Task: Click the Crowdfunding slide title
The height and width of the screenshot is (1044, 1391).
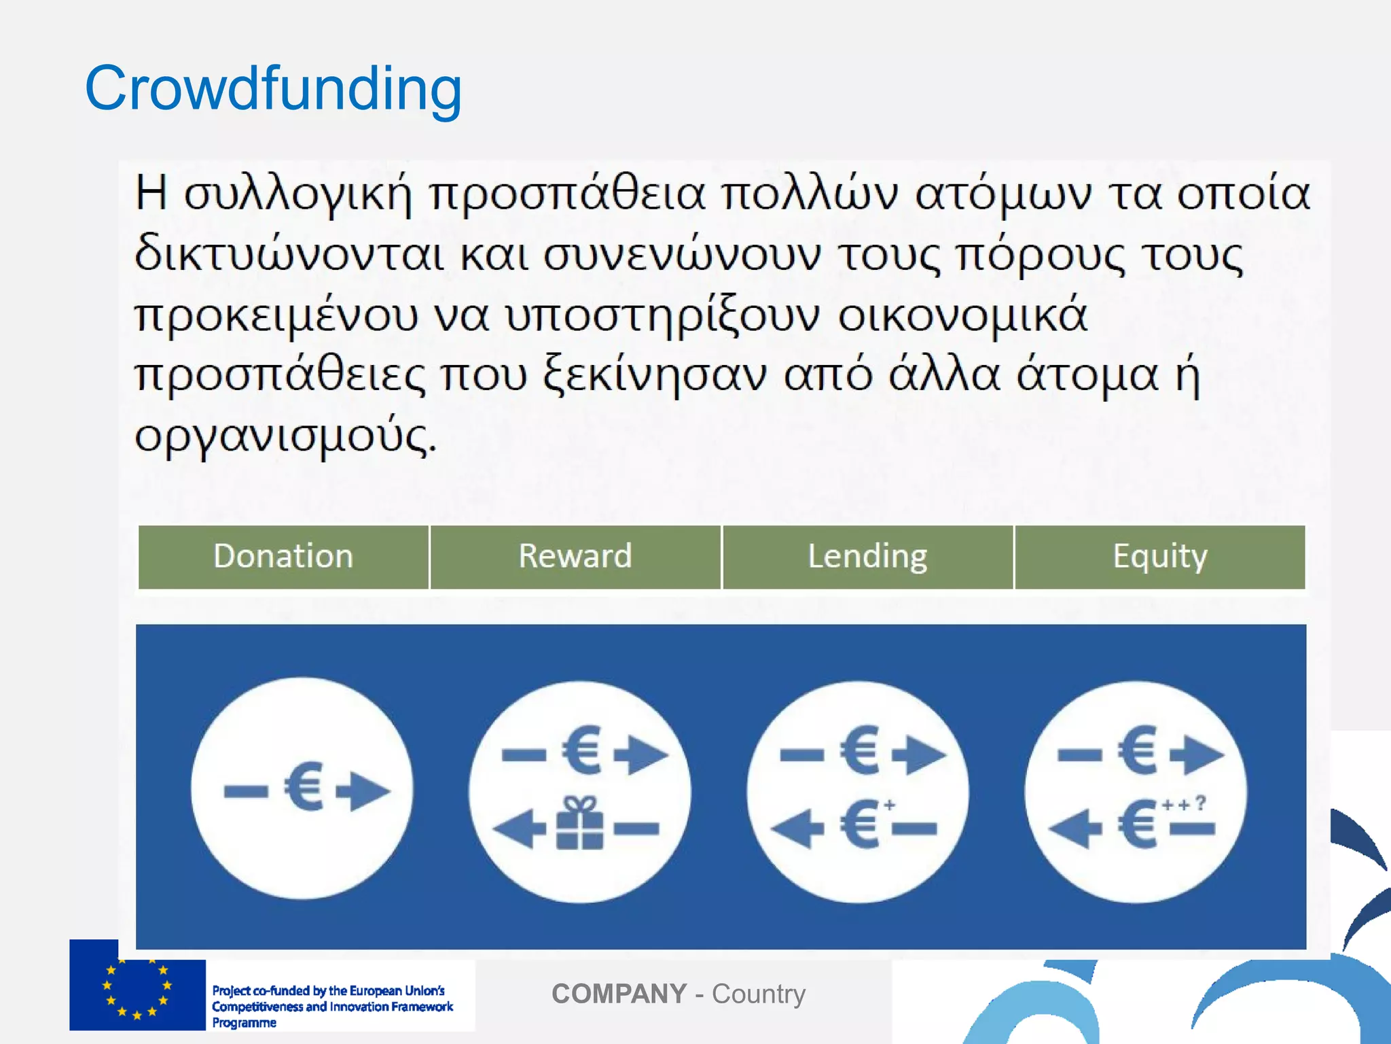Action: coord(273,88)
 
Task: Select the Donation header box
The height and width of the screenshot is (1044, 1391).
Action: coord(283,557)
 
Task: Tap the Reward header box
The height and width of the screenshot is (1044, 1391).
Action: coord(575,557)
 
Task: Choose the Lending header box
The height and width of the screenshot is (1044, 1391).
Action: coord(867,557)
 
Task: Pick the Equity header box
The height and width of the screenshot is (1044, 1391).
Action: coord(1160,557)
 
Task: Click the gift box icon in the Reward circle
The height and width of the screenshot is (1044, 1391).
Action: coord(579,824)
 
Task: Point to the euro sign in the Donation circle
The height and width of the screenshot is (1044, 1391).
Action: coord(304,787)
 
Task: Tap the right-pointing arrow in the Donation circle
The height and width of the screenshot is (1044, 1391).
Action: coord(364,790)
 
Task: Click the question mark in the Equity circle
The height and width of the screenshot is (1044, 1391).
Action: coord(1200,803)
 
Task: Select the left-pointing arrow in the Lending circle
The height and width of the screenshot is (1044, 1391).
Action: coord(797,828)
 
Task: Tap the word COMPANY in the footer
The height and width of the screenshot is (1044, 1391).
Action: coord(619,994)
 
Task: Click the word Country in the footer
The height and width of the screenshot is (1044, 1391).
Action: coord(759,994)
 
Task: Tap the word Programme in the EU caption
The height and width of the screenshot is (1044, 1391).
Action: coord(245,1023)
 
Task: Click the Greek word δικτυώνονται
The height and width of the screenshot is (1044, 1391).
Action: coord(289,255)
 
